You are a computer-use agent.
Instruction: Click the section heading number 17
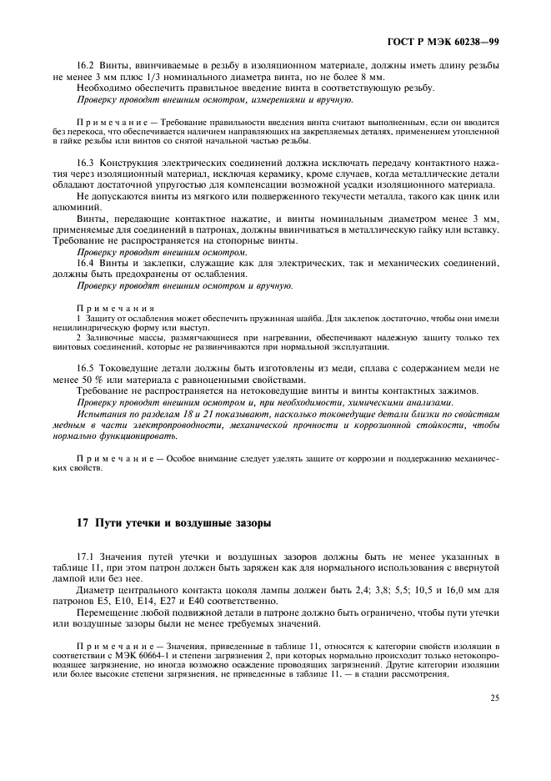tap(82, 524)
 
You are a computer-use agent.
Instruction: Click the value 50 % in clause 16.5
tap(102, 380)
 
